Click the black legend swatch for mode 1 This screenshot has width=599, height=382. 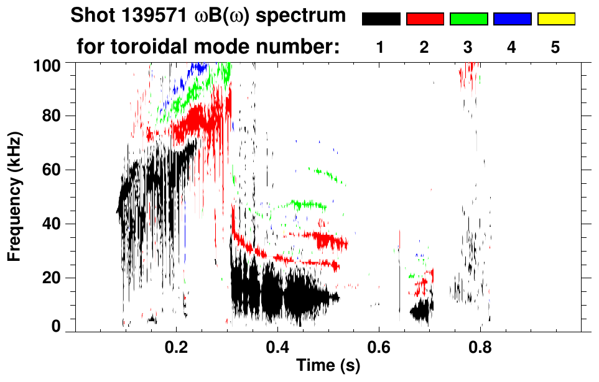click(381, 19)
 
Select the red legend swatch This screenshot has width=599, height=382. click(425, 19)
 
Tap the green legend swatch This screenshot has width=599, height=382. click(468, 19)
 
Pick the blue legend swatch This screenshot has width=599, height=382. click(512, 19)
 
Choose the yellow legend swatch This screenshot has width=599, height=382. click(555, 19)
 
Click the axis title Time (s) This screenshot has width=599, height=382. click(327, 366)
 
